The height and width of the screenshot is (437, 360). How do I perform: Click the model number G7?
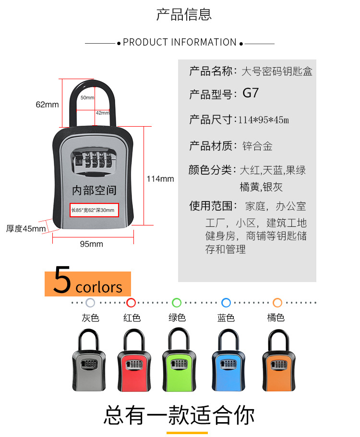[251, 93]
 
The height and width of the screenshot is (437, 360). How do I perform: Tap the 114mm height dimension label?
[160, 179]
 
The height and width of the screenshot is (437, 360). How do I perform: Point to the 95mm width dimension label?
[91, 244]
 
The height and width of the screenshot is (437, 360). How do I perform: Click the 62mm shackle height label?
[47, 105]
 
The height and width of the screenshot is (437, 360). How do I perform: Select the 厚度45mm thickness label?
[26, 229]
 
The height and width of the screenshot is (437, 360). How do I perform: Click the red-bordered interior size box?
[94, 210]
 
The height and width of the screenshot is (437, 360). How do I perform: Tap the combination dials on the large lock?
[94, 161]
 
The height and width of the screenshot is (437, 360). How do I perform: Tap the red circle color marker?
[131, 303]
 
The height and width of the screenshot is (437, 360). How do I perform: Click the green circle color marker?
[177, 303]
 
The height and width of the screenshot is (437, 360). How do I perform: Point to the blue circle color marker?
[226, 303]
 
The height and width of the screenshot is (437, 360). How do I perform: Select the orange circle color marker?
[277, 303]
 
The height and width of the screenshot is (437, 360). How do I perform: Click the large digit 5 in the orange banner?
[62, 282]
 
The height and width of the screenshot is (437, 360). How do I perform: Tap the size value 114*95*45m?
[264, 120]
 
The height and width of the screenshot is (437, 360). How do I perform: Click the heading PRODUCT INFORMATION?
[180, 42]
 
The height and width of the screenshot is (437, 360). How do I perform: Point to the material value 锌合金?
[258, 146]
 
